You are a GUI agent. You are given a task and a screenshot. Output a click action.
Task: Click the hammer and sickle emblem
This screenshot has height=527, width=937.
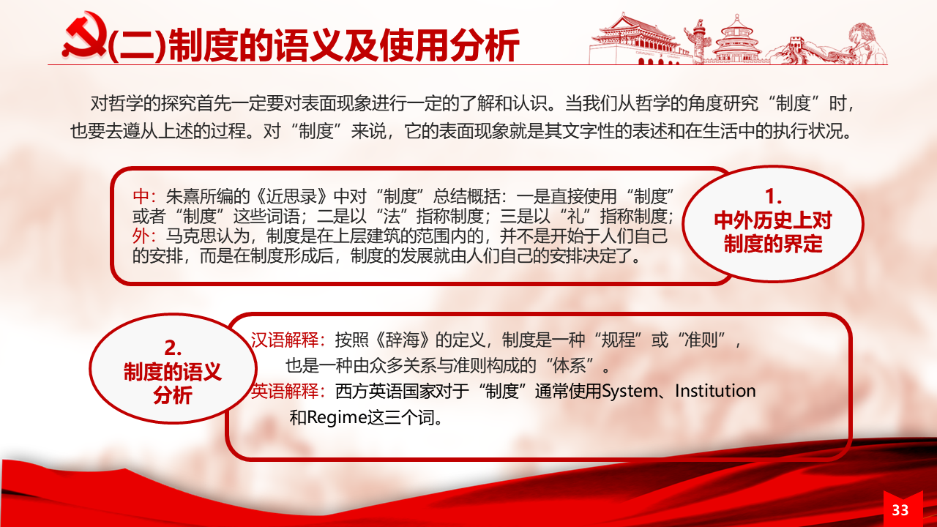[x=84, y=35]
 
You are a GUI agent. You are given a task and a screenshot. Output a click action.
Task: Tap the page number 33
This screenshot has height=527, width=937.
[x=900, y=510]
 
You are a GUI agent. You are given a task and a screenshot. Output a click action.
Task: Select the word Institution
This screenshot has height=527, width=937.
[x=715, y=391]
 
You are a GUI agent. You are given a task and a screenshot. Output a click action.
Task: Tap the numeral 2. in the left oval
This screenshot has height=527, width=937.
[x=172, y=348]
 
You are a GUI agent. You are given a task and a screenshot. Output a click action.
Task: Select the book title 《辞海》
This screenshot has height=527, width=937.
[x=403, y=340]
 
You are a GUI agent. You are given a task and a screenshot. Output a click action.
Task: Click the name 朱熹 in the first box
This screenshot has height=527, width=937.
[x=182, y=195]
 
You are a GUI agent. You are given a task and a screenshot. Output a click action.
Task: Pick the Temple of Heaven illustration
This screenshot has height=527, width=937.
[x=737, y=40]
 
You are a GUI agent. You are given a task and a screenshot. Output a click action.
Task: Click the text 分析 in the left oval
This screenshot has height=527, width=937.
[x=172, y=395]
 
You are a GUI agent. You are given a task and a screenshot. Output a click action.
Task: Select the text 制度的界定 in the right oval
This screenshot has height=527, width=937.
[x=773, y=244]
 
